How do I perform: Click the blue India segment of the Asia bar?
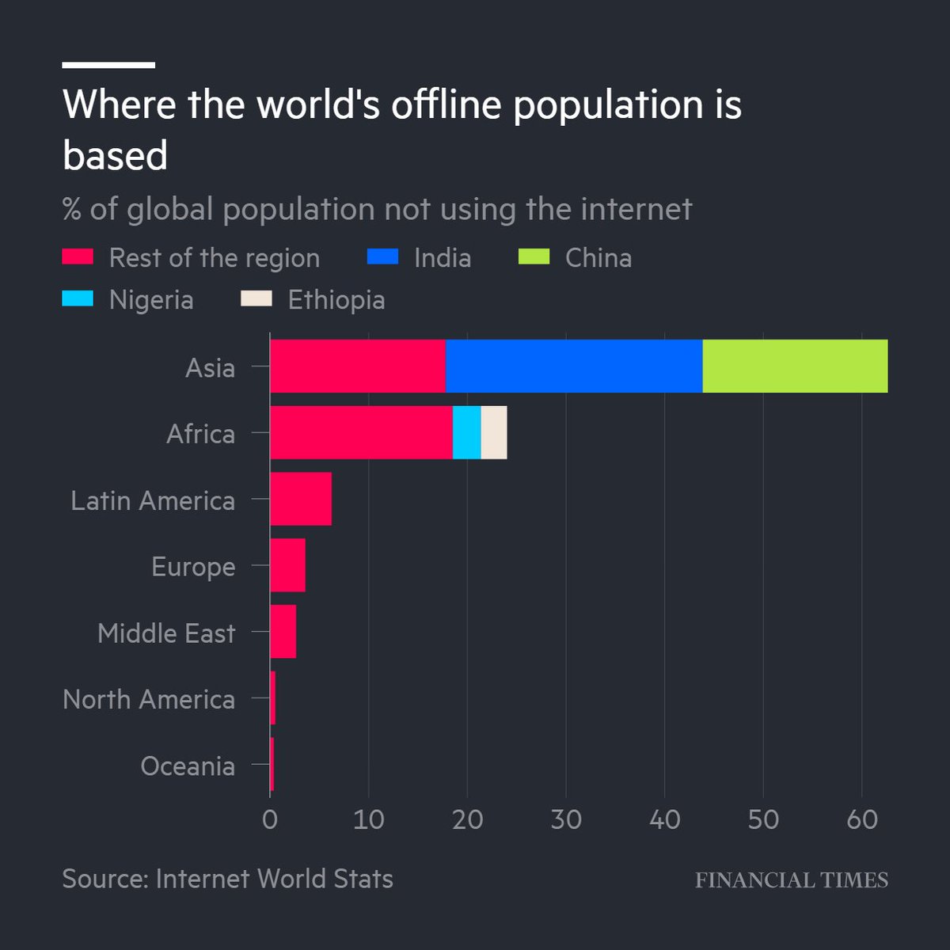coord(574,366)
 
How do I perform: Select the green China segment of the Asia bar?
coord(795,366)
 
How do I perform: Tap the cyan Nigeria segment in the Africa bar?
coord(466,432)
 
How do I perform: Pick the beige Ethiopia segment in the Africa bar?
coord(494,432)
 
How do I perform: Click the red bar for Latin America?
coord(301,499)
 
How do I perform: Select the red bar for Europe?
coord(287,565)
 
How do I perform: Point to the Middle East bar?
coord(283,632)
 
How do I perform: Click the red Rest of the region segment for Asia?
coord(357,366)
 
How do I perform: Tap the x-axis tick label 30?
coord(566,819)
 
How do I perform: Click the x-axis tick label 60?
coord(862,819)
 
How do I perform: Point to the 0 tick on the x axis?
coord(270,819)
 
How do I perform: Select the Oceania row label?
coord(188,766)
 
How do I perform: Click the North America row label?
coord(149,700)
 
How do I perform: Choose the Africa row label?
coord(200,434)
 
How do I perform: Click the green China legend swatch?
coord(534,256)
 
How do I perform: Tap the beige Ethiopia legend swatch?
coord(256,298)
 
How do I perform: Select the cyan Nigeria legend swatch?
coord(78,298)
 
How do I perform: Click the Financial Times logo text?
coord(792,880)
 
